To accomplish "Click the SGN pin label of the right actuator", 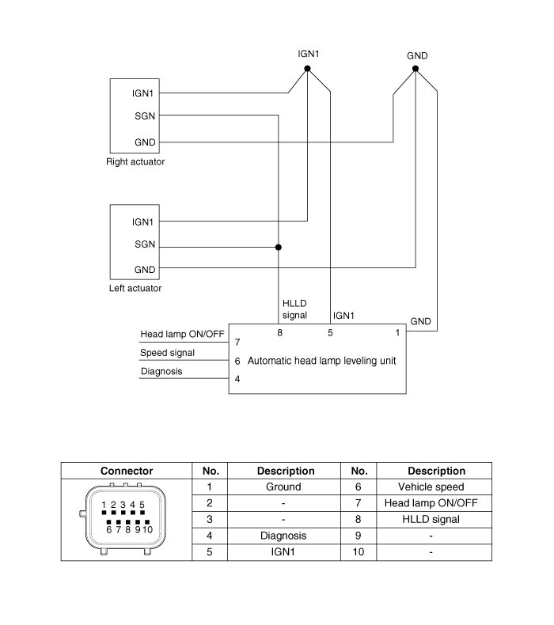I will click(144, 116).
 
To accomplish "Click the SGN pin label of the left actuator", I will click(144, 245).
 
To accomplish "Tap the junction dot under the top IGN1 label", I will click(308, 69).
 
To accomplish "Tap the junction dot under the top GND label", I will click(415, 69).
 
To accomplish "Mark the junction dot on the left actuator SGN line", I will click(278, 247).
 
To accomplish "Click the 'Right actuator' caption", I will click(135, 162).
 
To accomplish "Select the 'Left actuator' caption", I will click(135, 288).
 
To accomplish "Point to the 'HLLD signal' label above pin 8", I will click(294, 309).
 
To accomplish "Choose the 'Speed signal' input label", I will click(167, 353).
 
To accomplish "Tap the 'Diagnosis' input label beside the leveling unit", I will click(161, 371).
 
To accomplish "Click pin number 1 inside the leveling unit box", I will click(397, 333).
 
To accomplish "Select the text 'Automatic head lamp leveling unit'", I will click(322, 361).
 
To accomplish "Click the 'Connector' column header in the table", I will click(127, 471).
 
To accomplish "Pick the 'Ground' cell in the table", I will click(283, 487).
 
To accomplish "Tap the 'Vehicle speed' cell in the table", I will click(431, 487).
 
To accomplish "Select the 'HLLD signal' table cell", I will click(431, 520).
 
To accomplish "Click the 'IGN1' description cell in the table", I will click(283, 551).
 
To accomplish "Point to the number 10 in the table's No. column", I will click(358, 551).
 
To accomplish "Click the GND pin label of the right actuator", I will click(144, 142).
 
